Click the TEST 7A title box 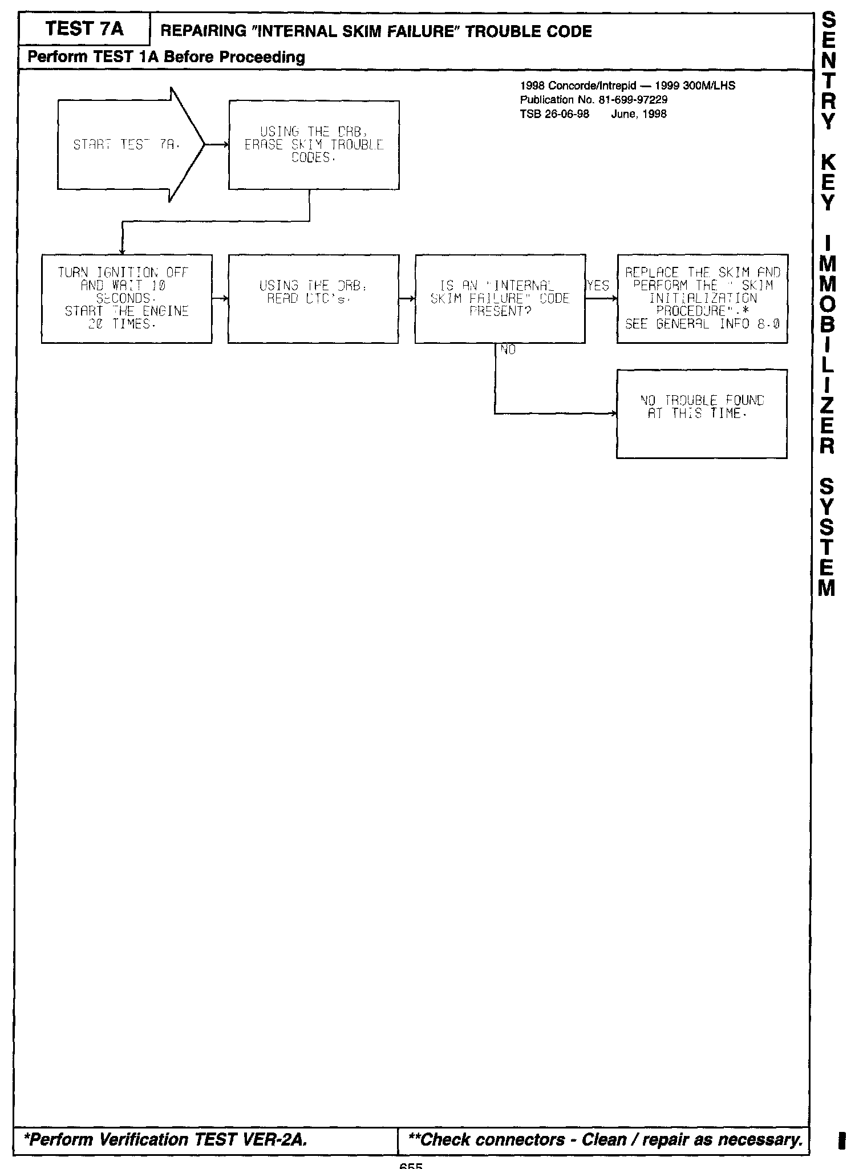coord(84,29)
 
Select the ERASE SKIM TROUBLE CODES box coord(314,145)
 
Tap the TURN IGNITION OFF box coord(127,298)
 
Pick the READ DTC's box coord(313,298)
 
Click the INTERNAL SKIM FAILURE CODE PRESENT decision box coord(500,298)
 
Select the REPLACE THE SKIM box coord(702,298)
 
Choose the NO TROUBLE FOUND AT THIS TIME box coord(702,413)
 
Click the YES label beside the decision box coord(598,286)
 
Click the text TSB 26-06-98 coord(554,113)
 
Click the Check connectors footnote coord(605,1139)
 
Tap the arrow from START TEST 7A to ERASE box coord(217,145)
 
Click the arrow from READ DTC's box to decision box coord(407,298)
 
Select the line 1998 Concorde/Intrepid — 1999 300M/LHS coord(627,86)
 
